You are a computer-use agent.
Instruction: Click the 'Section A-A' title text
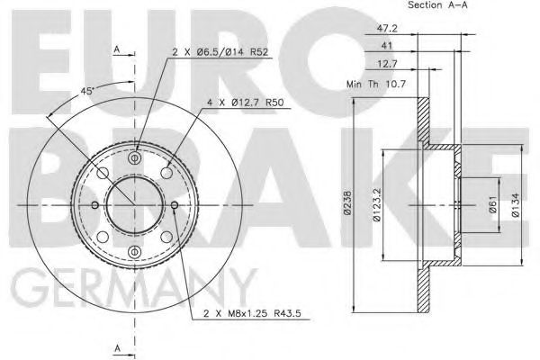click(437, 4)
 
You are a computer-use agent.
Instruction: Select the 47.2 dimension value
click(387, 28)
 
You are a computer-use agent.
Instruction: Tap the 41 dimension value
click(387, 45)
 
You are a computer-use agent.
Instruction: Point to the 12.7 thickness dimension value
click(387, 63)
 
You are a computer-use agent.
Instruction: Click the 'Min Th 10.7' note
click(376, 84)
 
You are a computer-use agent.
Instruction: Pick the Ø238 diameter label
click(347, 202)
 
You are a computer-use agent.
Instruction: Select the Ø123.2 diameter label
click(377, 204)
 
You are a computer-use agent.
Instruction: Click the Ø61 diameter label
click(493, 204)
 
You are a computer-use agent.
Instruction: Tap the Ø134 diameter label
click(515, 204)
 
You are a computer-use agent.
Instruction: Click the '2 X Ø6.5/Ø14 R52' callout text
click(220, 52)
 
